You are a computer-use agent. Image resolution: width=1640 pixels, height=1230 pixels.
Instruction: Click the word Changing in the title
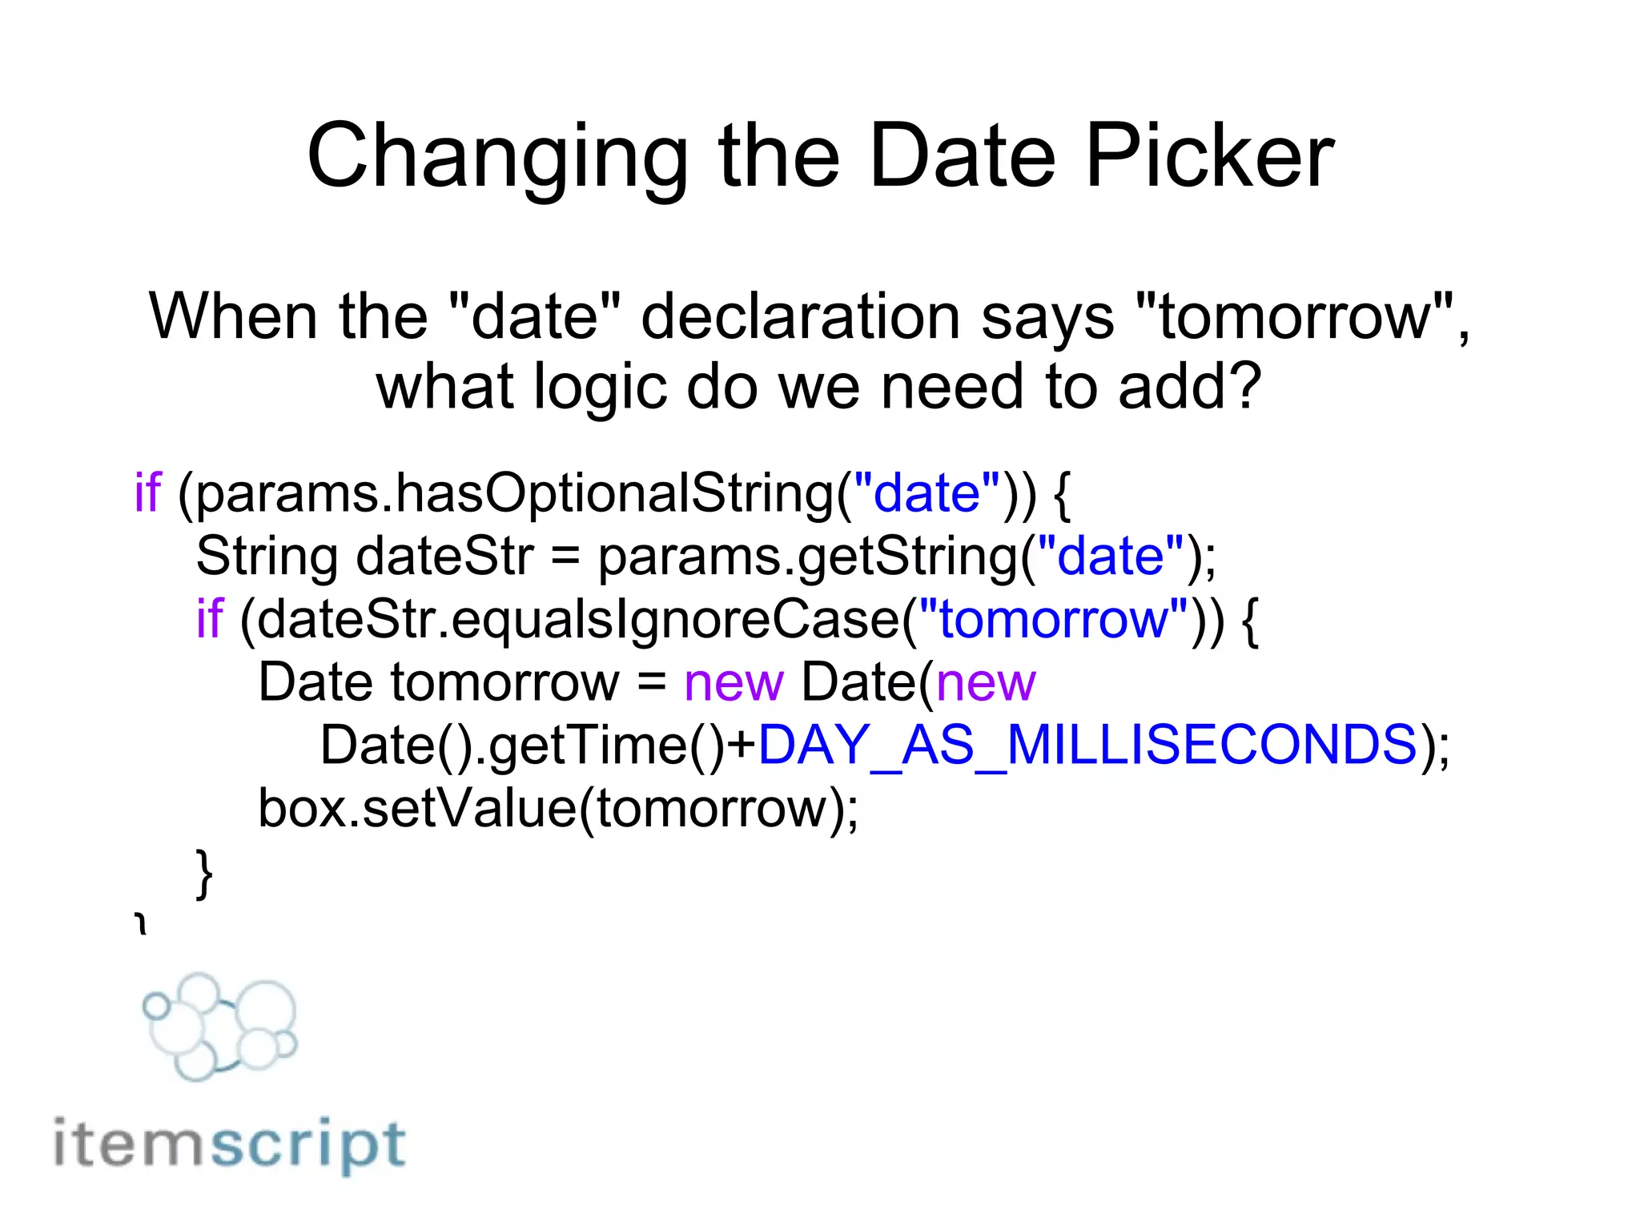(496, 157)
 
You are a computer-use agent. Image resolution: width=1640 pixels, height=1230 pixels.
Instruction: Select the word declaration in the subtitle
(800, 317)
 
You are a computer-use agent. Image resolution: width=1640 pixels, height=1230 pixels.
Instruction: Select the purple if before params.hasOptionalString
(147, 492)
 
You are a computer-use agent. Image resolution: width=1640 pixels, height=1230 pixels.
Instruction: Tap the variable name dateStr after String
(444, 557)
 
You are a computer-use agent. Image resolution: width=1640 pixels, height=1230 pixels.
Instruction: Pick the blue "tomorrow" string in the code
(1053, 619)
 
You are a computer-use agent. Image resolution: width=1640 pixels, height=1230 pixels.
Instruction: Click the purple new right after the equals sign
(734, 683)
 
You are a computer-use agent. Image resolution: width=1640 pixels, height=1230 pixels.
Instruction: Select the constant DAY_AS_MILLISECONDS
(1087, 746)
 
